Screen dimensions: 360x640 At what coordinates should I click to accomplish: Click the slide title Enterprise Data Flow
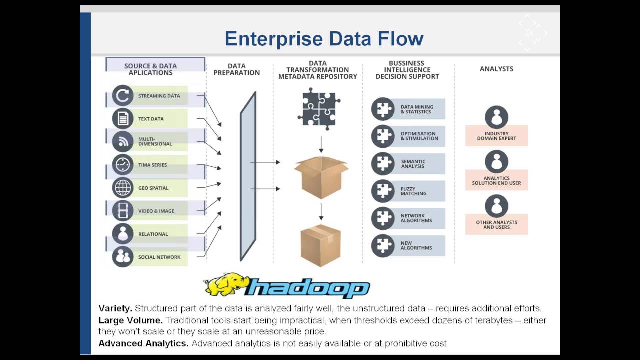(324, 39)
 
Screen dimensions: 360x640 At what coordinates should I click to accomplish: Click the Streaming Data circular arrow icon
(122, 95)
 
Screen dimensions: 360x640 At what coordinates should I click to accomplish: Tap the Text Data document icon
(122, 119)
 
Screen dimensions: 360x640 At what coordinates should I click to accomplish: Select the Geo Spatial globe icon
(122, 188)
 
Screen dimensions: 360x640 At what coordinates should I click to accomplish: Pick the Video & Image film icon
(122, 211)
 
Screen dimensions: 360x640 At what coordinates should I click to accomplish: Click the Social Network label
(159, 257)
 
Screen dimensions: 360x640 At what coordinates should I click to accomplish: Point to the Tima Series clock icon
(122, 165)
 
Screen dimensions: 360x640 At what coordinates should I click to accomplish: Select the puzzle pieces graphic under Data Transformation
(319, 109)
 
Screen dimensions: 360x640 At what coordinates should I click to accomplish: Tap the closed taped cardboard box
(320, 245)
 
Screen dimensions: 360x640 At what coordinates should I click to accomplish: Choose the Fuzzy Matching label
(413, 191)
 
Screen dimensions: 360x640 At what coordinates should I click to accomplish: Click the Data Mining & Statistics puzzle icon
(383, 109)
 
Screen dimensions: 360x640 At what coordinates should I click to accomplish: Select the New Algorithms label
(416, 245)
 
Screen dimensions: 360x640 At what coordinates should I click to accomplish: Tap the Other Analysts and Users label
(496, 225)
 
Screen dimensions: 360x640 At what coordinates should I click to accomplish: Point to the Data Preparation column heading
(236, 69)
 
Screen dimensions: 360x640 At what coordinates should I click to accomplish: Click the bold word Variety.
(115, 308)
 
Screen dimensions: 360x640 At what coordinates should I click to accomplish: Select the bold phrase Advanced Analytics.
(143, 343)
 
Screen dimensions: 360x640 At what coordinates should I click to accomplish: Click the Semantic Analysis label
(413, 164)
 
